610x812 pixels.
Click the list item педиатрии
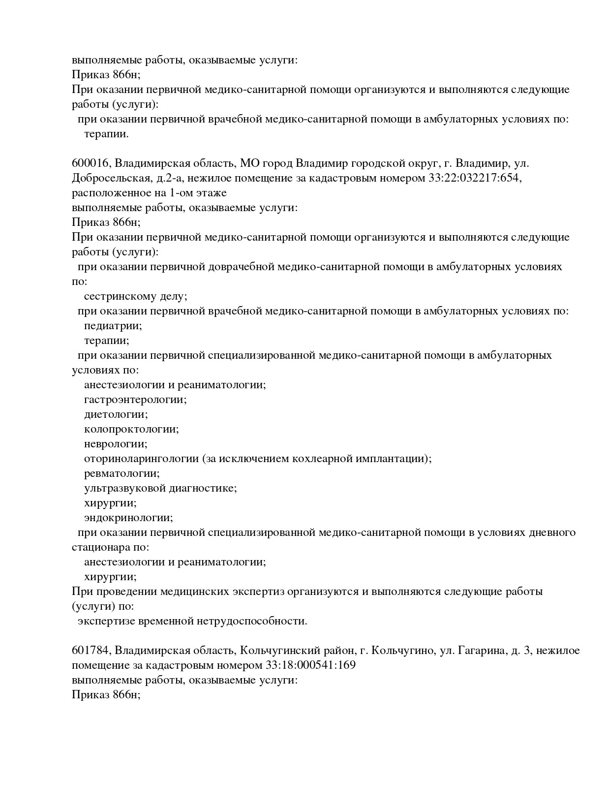[113, 326]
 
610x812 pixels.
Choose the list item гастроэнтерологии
[135, 400]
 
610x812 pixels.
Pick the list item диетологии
[116, 414]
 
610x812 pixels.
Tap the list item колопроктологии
[131, 429]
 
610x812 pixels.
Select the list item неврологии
[116, 444]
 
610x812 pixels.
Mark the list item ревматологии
[122, 473]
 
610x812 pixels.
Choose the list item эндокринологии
[128, 518]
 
